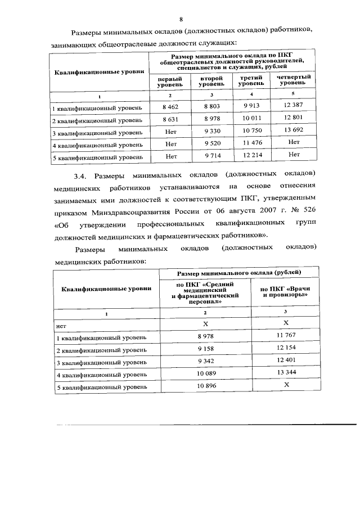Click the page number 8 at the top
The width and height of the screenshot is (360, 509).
(x=181, y=19)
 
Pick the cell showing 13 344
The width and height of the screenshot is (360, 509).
(x=286, y=374)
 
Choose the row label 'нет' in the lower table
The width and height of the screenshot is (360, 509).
(x=61, y=324)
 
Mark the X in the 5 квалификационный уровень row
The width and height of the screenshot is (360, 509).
(x=286, y=386)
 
